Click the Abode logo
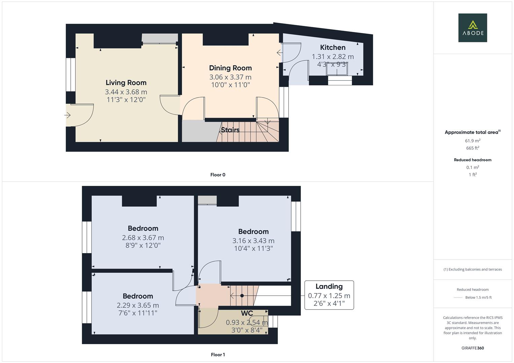click(473, 28)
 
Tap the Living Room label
click(126, 82)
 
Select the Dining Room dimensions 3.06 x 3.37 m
click(230, 77)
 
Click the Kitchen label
click(333, 47)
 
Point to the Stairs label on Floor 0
click(230, 130)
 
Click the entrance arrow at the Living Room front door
click(67, 115)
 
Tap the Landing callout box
click(329, 295)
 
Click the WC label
click(247, 313)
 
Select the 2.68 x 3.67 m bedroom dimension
click(143, 238)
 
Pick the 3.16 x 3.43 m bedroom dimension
click(253, 241)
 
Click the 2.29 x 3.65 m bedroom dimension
click(138, 305)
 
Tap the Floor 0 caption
click(218, 175)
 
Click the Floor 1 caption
click(218, 355)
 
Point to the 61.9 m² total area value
click(473, 141)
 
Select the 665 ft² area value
click(473, 148)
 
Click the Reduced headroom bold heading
click(473, 160)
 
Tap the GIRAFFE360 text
click(473, 348)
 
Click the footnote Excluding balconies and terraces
click(473, 269)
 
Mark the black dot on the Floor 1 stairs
click(242, 296)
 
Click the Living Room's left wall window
click(71, 75)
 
